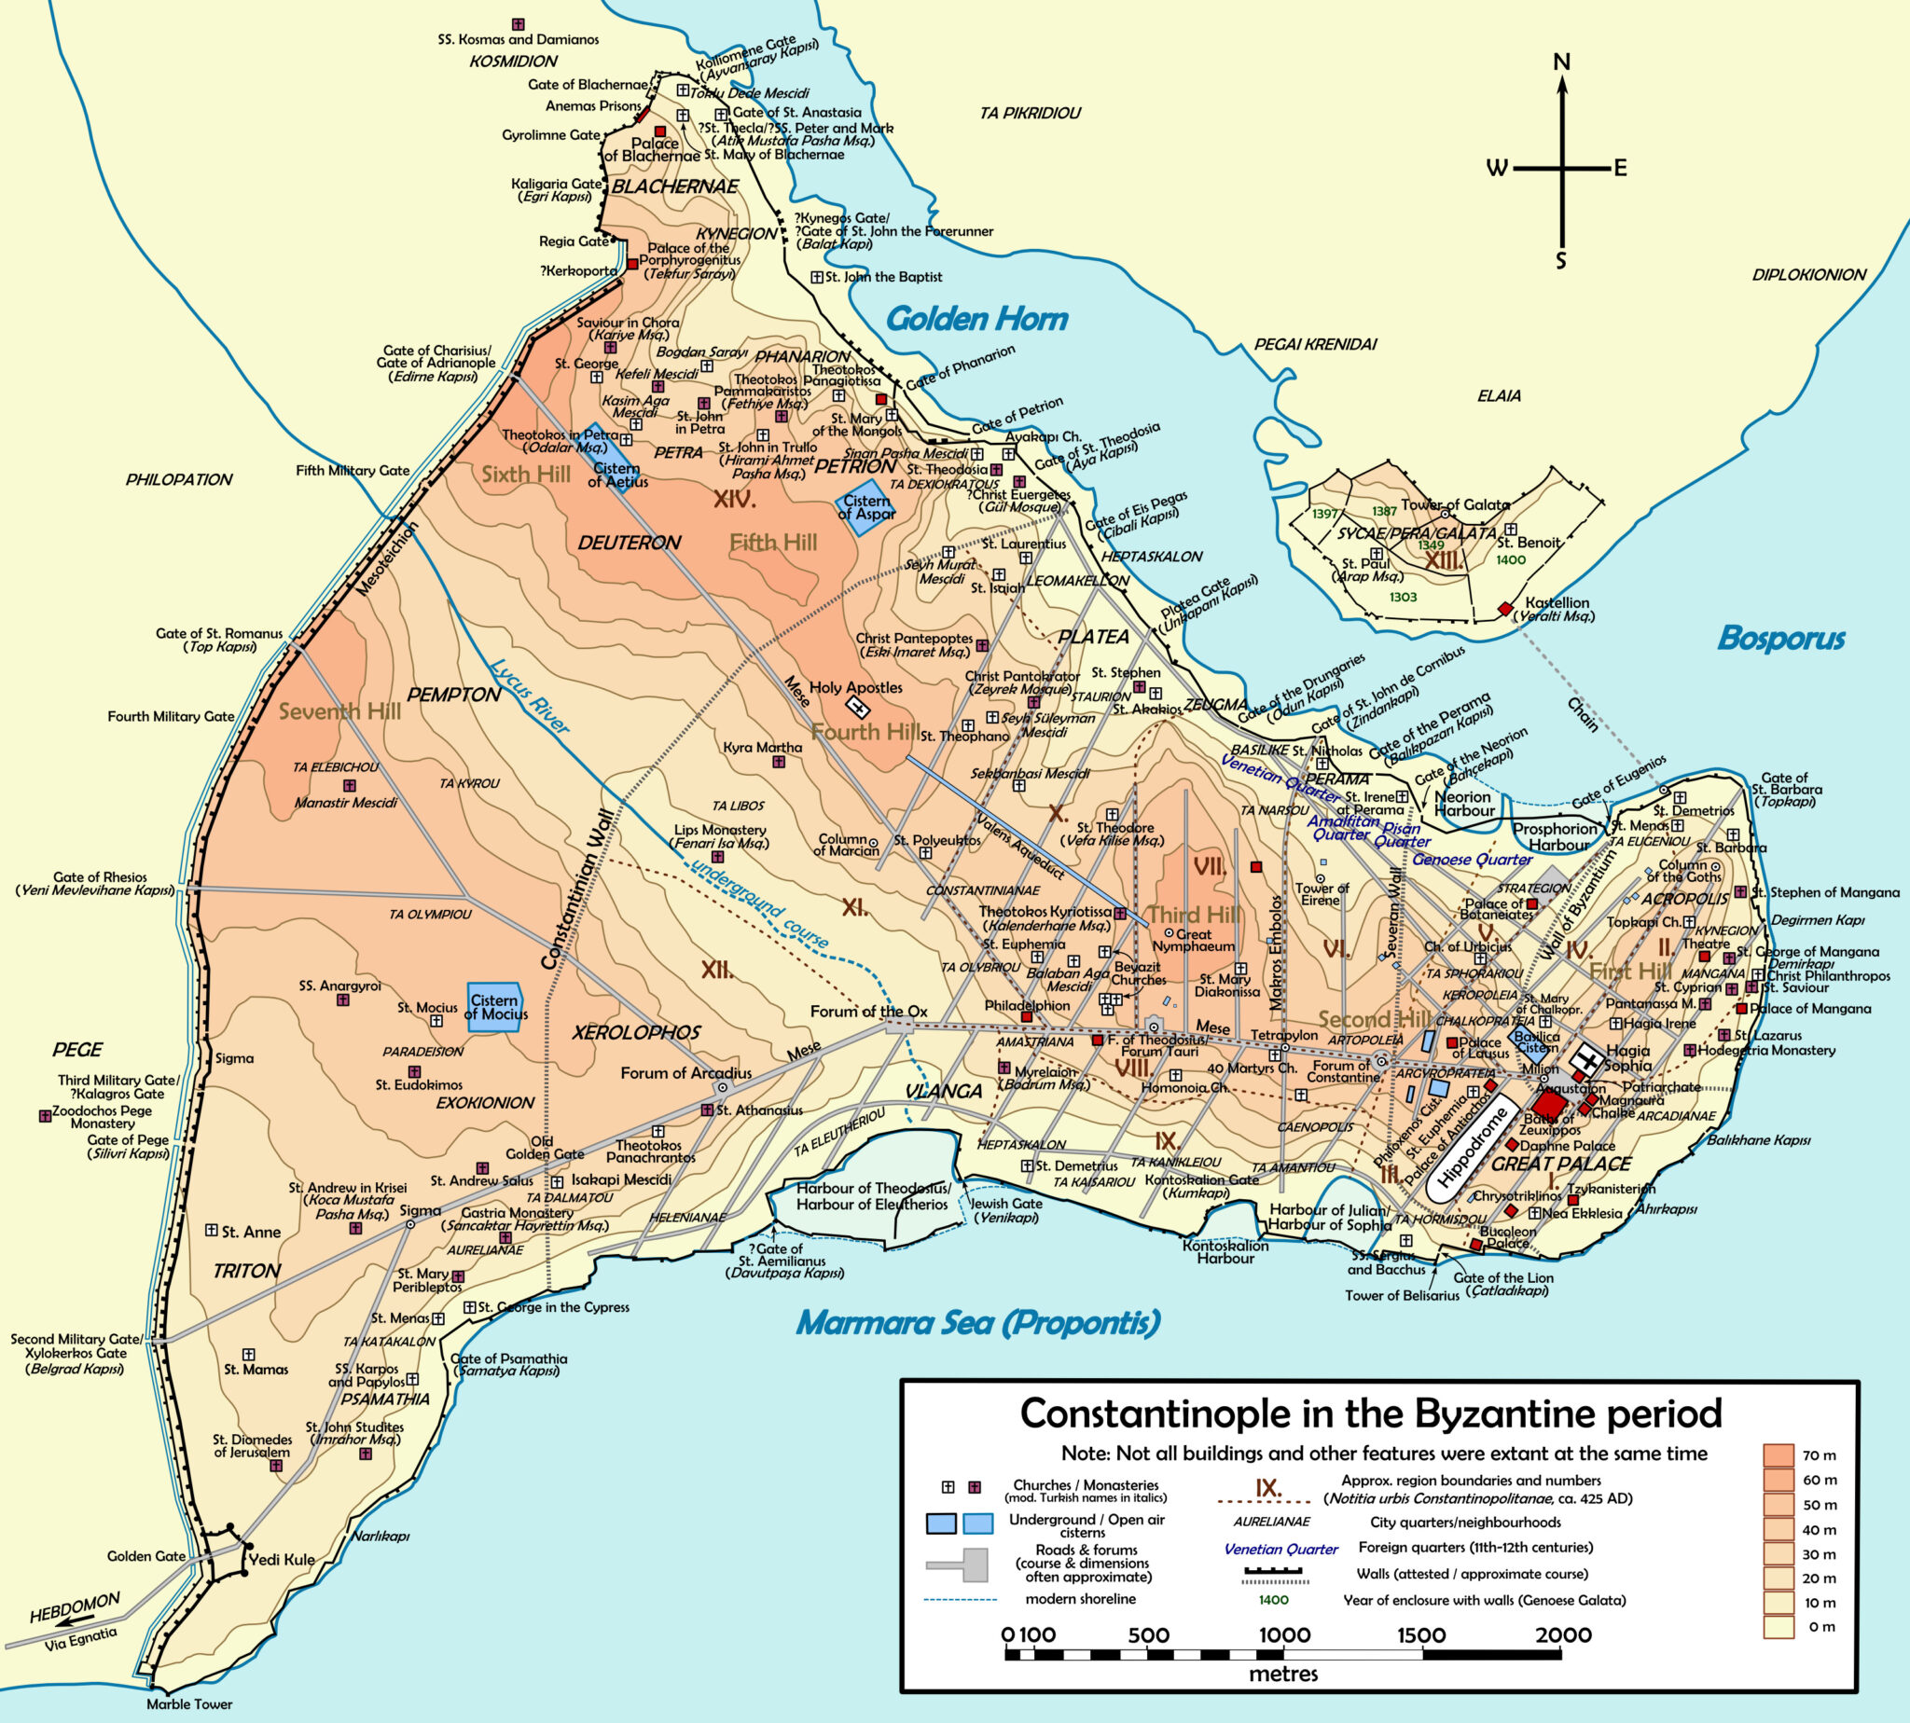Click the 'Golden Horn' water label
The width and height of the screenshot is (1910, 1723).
coord(976,319)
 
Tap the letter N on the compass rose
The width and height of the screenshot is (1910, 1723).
coord(1561,62)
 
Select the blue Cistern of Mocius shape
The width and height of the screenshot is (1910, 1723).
coord(495,1006)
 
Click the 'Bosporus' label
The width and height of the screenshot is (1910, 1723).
coord(1780,638)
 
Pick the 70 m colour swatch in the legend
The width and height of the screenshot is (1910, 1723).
coord(1779,1455)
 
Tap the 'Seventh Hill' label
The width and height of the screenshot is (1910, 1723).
coord(339,711)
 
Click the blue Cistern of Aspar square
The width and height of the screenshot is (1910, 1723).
coord(865,510)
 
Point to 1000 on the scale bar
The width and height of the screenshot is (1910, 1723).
coord(1284,1635)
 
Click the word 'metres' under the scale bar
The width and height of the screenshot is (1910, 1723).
coord(1282,1673)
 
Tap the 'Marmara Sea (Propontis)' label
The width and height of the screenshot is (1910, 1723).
coord(977,1322)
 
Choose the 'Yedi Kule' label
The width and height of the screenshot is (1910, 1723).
coord(282,1559)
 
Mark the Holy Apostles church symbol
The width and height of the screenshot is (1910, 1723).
coord(857,707)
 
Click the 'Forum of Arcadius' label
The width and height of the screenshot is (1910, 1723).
coord(685,1072)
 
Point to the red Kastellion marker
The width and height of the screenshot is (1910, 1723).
coord(1504,609)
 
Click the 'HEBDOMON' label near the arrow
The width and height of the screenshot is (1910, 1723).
coord(75,1607)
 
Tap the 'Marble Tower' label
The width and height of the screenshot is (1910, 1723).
coord(189,1704)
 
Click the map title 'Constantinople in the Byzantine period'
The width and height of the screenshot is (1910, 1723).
coord(1370,1413)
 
